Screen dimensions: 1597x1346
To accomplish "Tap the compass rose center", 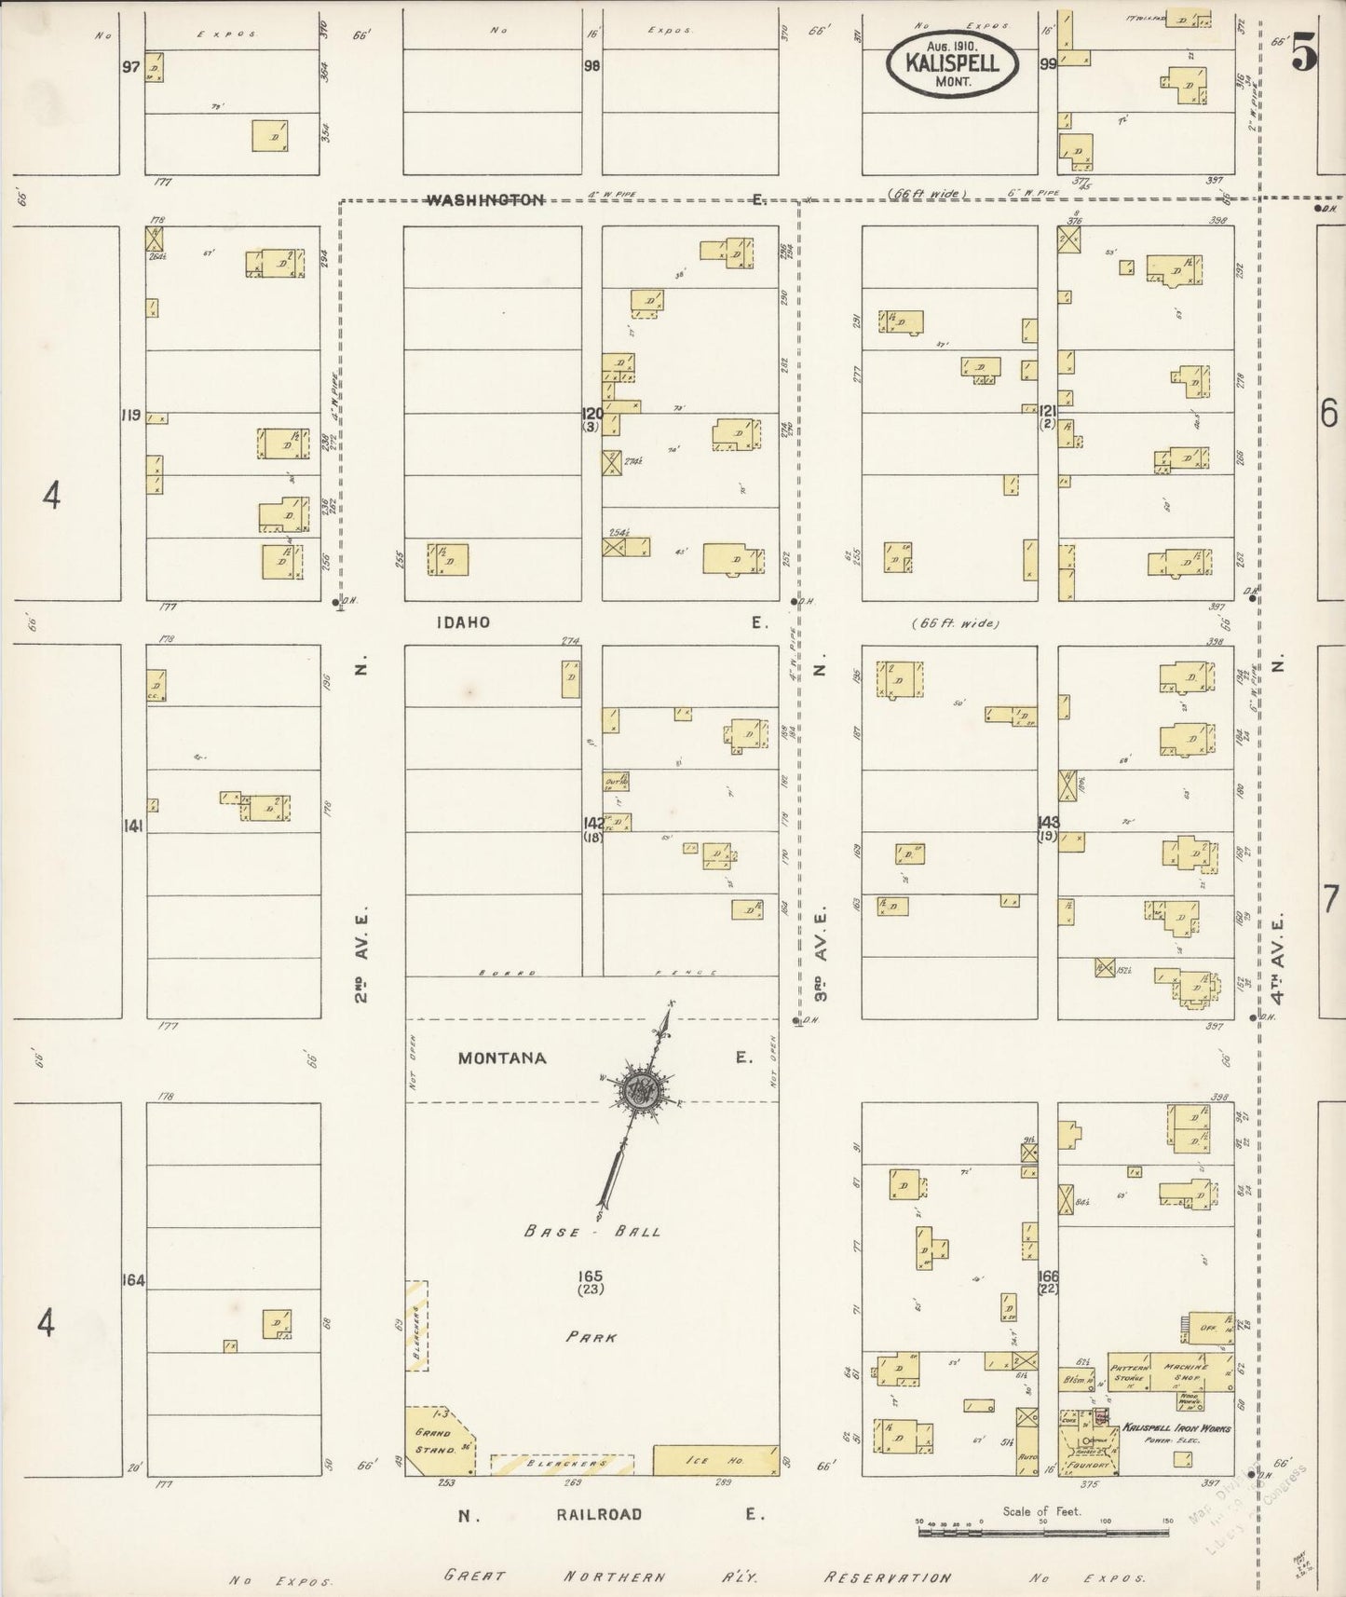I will click(x=643, y=1088).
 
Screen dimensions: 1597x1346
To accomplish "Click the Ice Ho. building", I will click(x=715, y=1460).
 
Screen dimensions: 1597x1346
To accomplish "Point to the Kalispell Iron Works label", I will click(x=1176, y=1428).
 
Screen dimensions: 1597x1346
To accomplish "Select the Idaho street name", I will click(x=462, y=622).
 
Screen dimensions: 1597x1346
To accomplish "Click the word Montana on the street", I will click(x=502, y=1058).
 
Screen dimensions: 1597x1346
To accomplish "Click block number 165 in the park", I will click(x=590, y=1276).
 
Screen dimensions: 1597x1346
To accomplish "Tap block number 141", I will click(x=133, y=825).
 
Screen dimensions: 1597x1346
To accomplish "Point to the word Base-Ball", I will click(x=592, y=1231).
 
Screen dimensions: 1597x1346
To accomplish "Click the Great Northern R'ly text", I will click(x=601, y=1577).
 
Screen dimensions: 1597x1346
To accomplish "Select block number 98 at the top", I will click(x=591, y=66).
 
